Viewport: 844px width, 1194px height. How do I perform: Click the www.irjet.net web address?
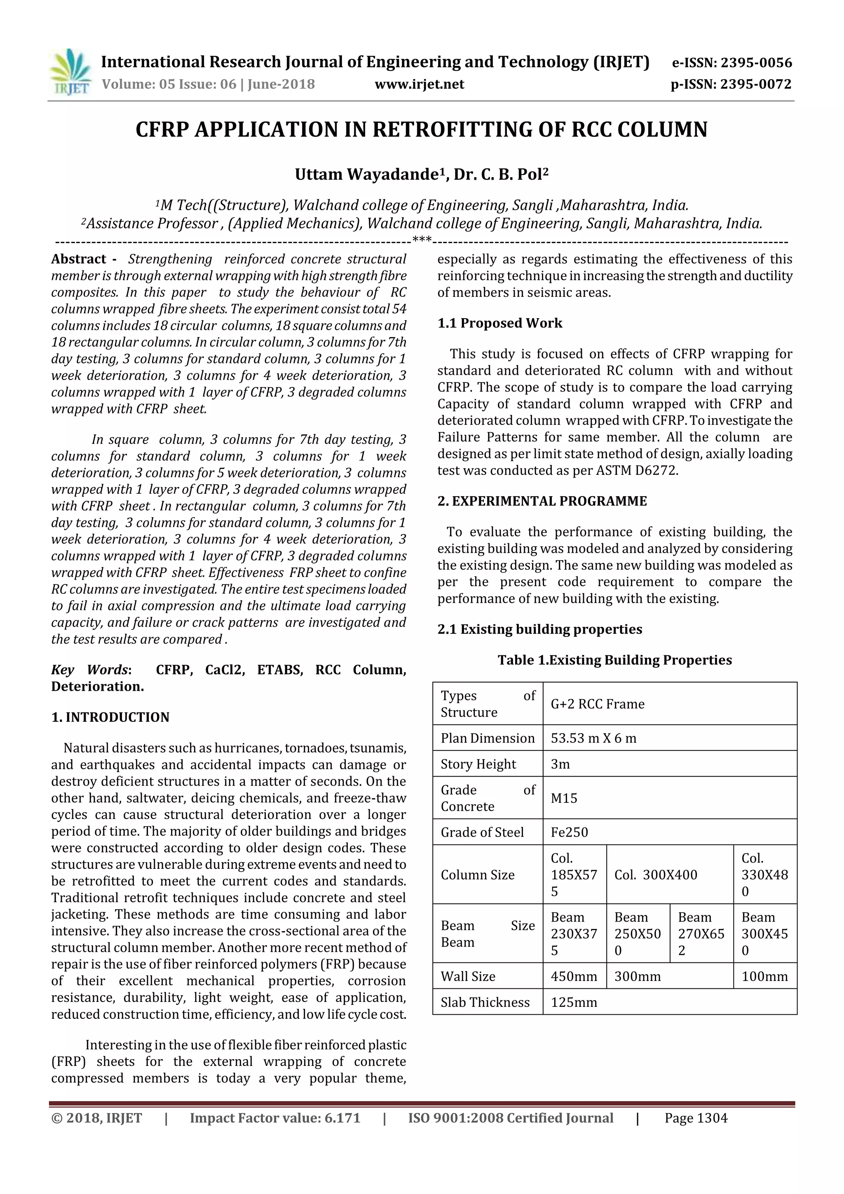[x=419, y=84]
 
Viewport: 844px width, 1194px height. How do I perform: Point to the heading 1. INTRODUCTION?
[x=110, y=717]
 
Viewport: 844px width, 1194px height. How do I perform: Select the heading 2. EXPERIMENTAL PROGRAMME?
[x=542, y=501]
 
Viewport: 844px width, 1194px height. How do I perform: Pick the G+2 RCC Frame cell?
[x=598, y=704]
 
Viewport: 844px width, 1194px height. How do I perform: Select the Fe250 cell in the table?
[x=570, y=832]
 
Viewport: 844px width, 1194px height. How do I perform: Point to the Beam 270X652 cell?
[x=701, y=934]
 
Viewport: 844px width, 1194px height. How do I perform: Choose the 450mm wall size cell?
[x=574, y=977]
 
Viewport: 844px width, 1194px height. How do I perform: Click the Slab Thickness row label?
[x=485, y=1003]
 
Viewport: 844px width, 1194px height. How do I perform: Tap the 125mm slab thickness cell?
[x=574, y=1003]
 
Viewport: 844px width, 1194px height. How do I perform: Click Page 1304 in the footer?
[x=696, y=1118]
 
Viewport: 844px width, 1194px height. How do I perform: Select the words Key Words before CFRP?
[x=89, y=670]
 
